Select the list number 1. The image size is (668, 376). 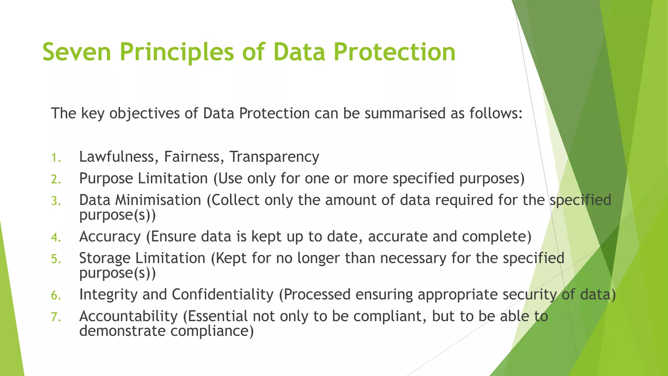(56, 158)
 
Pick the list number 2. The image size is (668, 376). (56, 180)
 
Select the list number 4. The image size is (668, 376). (56, 238)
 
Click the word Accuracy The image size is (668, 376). (110, 237)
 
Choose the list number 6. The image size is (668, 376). (56, 296)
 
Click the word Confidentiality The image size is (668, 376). (222, 294)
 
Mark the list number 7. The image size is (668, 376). (56, 317)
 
